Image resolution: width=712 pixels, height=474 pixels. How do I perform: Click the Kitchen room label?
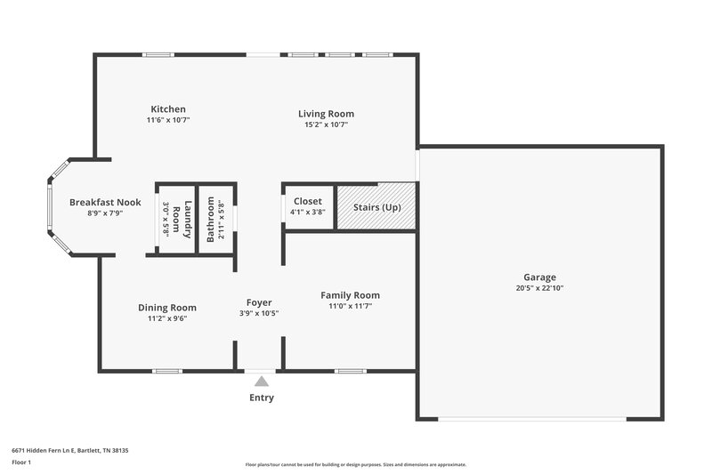(168, 109)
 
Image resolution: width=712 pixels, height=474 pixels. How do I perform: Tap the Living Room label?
(326, 114)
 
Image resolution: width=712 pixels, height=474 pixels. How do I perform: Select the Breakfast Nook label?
(105, 202)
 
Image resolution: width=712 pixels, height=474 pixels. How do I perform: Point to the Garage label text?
(539, 277)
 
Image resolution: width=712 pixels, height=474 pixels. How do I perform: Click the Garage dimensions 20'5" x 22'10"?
(539, 288)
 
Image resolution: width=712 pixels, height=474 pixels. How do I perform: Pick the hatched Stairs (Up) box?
(376, 207)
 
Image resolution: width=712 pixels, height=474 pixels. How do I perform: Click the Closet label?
(307, 202)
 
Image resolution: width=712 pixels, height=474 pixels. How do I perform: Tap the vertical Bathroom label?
(211, 219)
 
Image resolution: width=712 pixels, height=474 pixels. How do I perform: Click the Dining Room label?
(166, 308)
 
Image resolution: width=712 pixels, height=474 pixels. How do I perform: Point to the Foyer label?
(259, 302)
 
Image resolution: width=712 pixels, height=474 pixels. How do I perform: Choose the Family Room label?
(350, 295)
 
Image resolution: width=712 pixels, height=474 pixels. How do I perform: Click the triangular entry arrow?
(261, 381)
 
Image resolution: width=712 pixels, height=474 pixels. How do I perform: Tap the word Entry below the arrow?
(261, 398)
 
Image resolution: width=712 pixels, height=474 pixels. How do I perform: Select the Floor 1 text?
(20, 463)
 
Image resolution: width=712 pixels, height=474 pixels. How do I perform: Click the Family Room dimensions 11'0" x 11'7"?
(350, 306)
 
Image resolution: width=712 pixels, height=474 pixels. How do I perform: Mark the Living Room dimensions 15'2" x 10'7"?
(326, 125)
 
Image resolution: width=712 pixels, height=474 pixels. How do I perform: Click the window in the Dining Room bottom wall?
(166, 371)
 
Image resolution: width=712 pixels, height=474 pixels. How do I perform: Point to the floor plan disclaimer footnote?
(355, 464)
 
